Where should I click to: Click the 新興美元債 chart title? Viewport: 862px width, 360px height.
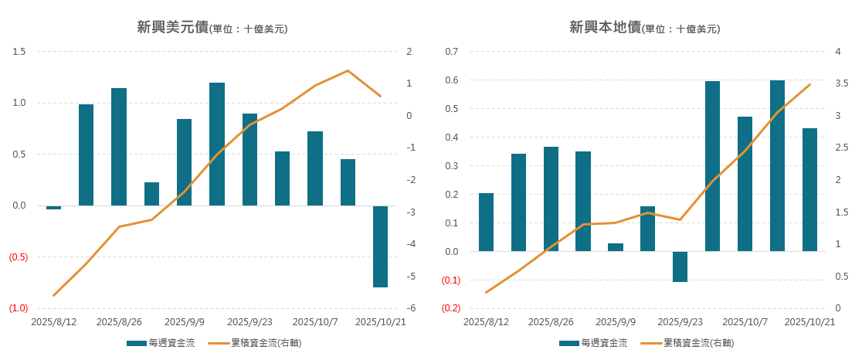211,29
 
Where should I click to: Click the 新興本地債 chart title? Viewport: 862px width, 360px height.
643,29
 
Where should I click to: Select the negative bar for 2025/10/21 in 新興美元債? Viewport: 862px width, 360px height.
380,246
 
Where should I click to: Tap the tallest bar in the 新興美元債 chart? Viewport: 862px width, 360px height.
217,144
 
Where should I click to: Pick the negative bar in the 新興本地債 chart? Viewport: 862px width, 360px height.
680,267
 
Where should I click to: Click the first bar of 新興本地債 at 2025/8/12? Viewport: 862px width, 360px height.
486,222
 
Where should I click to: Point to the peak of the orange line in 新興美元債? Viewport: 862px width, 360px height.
348,71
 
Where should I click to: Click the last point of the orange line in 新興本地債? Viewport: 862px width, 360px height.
809,85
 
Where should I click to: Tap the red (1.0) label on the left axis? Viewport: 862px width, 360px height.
19,308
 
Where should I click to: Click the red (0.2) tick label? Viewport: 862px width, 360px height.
451,308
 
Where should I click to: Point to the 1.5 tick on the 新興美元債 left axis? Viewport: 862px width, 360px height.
19,52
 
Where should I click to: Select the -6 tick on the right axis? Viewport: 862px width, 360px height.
410,308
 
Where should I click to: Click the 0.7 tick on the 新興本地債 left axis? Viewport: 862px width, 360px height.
452,52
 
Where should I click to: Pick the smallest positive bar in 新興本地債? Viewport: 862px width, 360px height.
615,247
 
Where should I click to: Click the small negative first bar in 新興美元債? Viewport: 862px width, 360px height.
53,207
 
